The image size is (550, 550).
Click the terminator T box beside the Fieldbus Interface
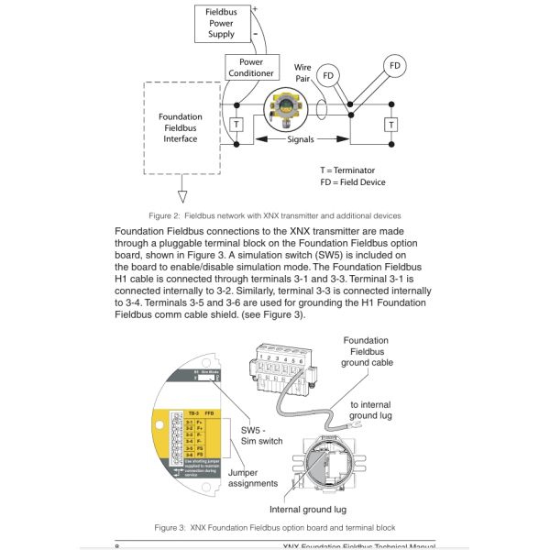coord(236,124)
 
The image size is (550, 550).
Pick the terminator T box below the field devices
coord(392,124)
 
